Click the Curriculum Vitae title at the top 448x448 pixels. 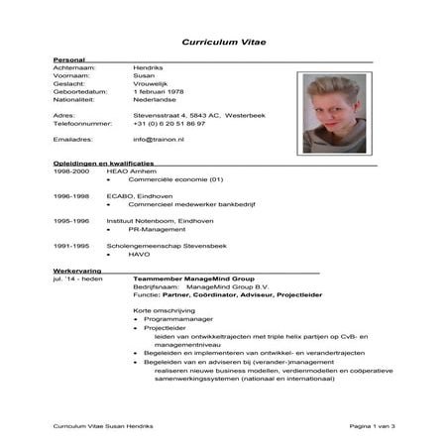(223, 43)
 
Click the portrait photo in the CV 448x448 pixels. (334, 113)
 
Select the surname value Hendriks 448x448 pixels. (150, 67)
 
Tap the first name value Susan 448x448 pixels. (144, 75)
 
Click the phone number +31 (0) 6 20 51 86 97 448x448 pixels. (169, 123)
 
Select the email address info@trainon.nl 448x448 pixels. (161, 140)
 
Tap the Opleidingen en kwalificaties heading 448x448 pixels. (103, 162)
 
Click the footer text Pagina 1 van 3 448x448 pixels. (372, 425)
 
